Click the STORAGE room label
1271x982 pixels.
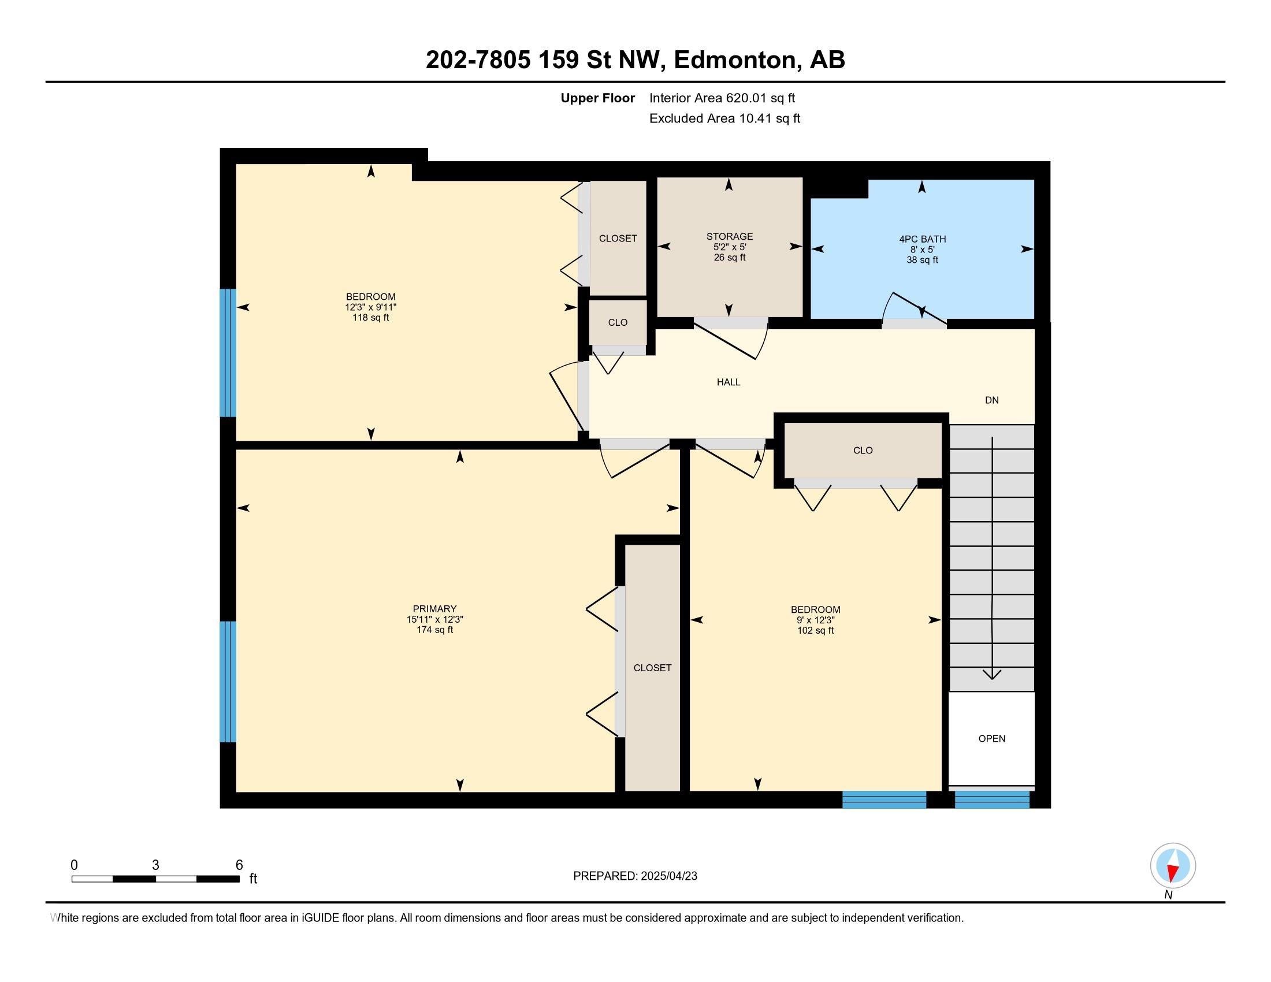tap(729, 236)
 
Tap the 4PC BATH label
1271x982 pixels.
tap(923, 239)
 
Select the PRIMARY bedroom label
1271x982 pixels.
tap(434, 609)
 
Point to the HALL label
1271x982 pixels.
tap(729, 382)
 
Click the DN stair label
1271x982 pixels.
tap(991, 400)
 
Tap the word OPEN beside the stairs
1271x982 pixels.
tap(991, 739)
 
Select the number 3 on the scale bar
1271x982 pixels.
tap(155, 865)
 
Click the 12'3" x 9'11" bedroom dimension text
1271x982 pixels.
tap(371, 307)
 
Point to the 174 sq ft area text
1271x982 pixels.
tap(434, 630)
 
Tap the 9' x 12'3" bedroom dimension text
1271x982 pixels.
tap(815, 620)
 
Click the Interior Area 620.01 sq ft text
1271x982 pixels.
tap(722, 98)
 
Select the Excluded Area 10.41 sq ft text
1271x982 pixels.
tap(724, 118)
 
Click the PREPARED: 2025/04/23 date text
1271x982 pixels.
tap(635, 876)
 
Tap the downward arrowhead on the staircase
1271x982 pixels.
tap(991, 675)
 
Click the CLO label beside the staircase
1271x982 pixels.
tap(863, 451)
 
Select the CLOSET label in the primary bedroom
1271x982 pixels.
tap(652, 668)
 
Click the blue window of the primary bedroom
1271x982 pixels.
tap(228, 682)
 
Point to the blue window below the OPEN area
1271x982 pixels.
tap(992, 799)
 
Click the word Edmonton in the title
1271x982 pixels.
tap(735, 60)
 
